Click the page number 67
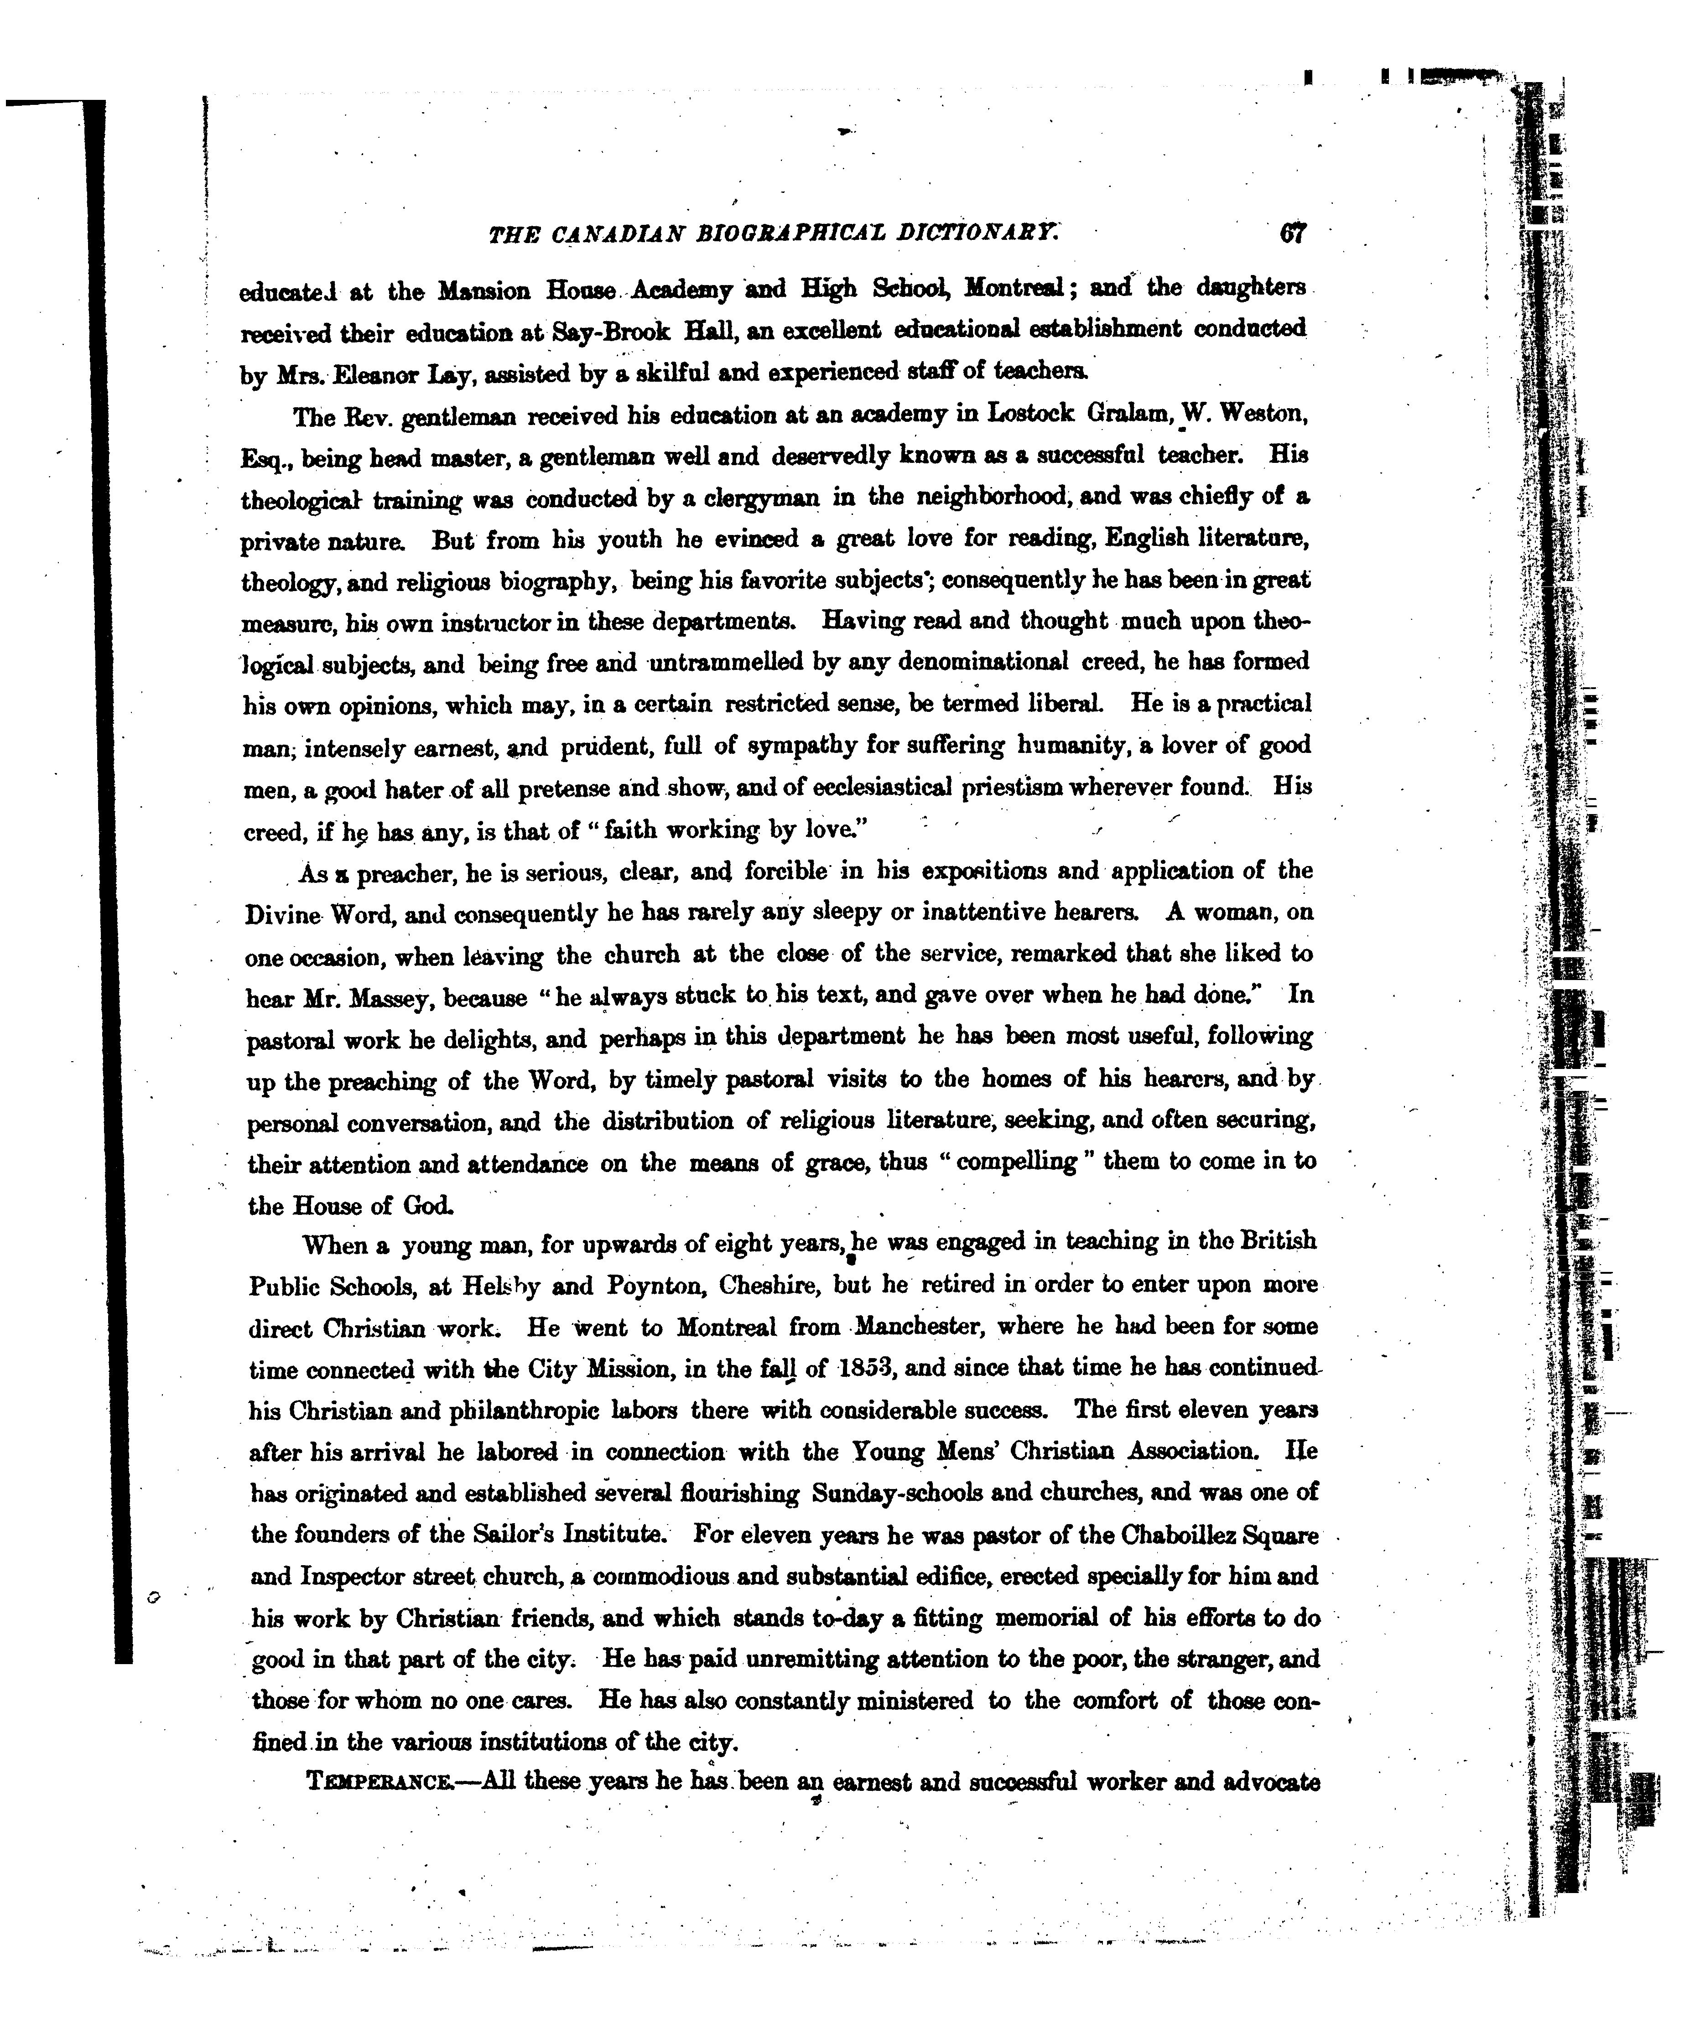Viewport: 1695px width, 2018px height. pos(1292,233)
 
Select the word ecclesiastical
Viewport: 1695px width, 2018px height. pos(881,788)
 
